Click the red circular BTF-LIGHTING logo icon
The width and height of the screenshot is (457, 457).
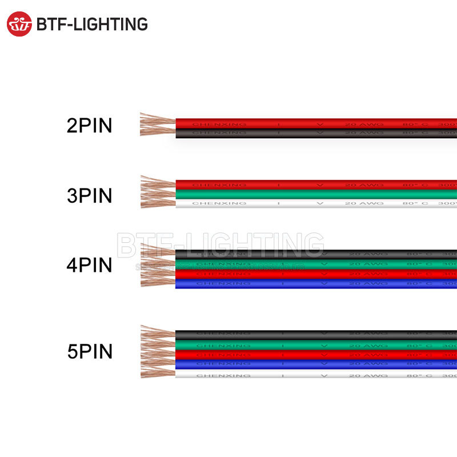19,24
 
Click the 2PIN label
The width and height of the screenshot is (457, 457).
90,126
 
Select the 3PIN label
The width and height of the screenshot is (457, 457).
90,195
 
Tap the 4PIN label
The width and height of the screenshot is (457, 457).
90,266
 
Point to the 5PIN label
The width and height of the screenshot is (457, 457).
90,351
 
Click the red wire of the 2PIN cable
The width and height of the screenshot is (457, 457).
314,123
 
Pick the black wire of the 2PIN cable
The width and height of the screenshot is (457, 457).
314,133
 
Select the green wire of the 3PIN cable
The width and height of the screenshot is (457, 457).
314,194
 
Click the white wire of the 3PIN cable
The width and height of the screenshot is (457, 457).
314,203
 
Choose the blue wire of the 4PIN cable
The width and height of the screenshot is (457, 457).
314,283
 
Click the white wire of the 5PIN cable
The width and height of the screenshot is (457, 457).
314,375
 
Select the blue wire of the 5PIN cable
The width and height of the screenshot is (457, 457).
314,364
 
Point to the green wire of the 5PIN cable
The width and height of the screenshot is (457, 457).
314,345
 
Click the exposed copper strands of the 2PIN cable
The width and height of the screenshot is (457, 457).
157,125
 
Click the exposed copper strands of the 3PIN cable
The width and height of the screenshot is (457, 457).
157,193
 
